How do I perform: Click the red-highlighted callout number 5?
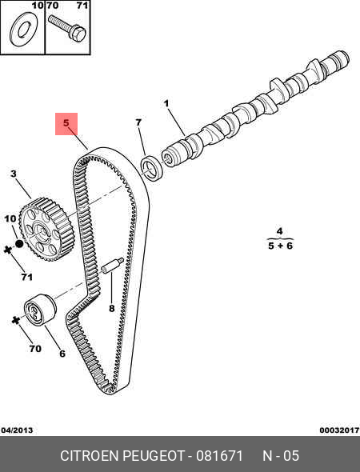[66, 123]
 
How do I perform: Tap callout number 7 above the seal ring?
[138, 122]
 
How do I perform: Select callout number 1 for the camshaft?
[166, 104]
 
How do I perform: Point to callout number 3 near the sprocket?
[14, 174]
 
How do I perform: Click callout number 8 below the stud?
[112, 308]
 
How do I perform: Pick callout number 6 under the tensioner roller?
[62, 354]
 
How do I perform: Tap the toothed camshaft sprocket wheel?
[46, 230]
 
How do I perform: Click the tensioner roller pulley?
[40, 309]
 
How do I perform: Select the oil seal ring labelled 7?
[152, 168]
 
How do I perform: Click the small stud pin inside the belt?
[112, 266]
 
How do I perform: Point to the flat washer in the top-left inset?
[24, 30]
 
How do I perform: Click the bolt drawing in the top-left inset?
[67, 28]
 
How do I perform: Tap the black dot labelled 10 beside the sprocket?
[19, 244]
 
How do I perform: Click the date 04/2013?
[17, 430]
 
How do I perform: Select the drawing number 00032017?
[339, 430]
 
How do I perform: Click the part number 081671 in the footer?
[219, 456]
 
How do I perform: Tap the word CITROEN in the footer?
[90, 456]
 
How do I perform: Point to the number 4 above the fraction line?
[280, 231]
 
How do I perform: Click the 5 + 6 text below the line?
[280, 246]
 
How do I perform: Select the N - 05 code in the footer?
[281, 456]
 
